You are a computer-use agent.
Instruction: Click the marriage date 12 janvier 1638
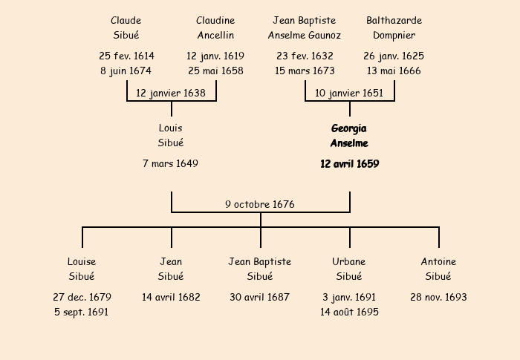point(171,93)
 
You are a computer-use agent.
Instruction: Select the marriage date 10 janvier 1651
point(349,93)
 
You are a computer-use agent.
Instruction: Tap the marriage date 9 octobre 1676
point(260,204)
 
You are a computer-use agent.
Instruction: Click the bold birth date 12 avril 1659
point(349,164)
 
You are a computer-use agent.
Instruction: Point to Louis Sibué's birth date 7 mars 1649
point(171,163)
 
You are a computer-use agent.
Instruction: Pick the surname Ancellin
point(215,36)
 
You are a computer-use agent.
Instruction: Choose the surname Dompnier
point(394,36)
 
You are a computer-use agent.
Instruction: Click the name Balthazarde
point(394,21)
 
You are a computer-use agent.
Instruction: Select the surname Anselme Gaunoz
point(305,36)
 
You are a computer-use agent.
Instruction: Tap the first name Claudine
point(215,21)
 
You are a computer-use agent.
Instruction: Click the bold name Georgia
point(349,128)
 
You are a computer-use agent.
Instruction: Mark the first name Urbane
point(349,262)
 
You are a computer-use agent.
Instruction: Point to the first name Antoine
point(438,262)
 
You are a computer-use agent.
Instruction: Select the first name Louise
point(82,262)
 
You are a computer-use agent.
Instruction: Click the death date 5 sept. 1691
point(82,312)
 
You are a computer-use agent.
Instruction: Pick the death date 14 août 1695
point(349,312)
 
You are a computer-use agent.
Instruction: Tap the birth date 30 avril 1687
point(260,297)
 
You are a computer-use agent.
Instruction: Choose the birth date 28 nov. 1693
point(438,297)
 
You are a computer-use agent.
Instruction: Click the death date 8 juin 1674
point(126,71)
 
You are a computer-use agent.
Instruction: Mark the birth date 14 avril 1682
point(171,297)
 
